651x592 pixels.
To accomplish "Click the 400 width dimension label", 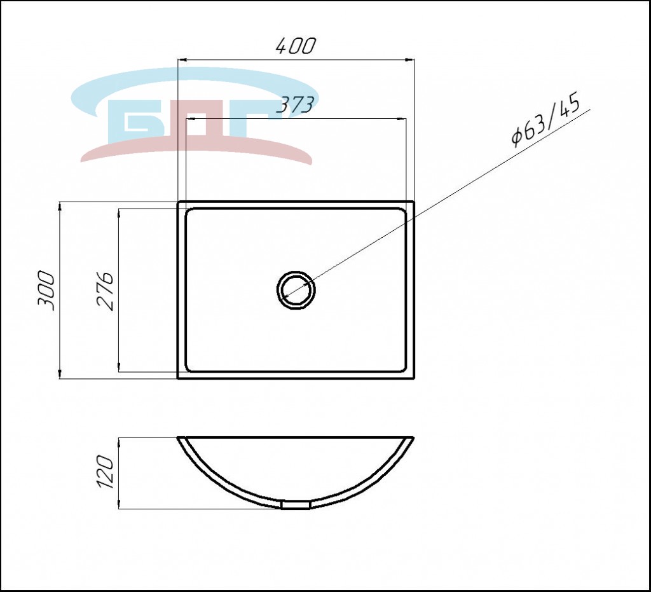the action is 296,46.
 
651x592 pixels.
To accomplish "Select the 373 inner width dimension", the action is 294,106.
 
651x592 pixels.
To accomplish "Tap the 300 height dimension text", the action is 46,291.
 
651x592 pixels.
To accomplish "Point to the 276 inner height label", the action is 105,291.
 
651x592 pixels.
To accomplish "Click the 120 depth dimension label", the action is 104,472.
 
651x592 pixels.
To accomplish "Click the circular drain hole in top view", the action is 296,290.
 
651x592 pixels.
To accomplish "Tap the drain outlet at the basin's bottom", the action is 296,504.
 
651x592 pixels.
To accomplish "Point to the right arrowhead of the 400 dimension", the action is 409,60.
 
